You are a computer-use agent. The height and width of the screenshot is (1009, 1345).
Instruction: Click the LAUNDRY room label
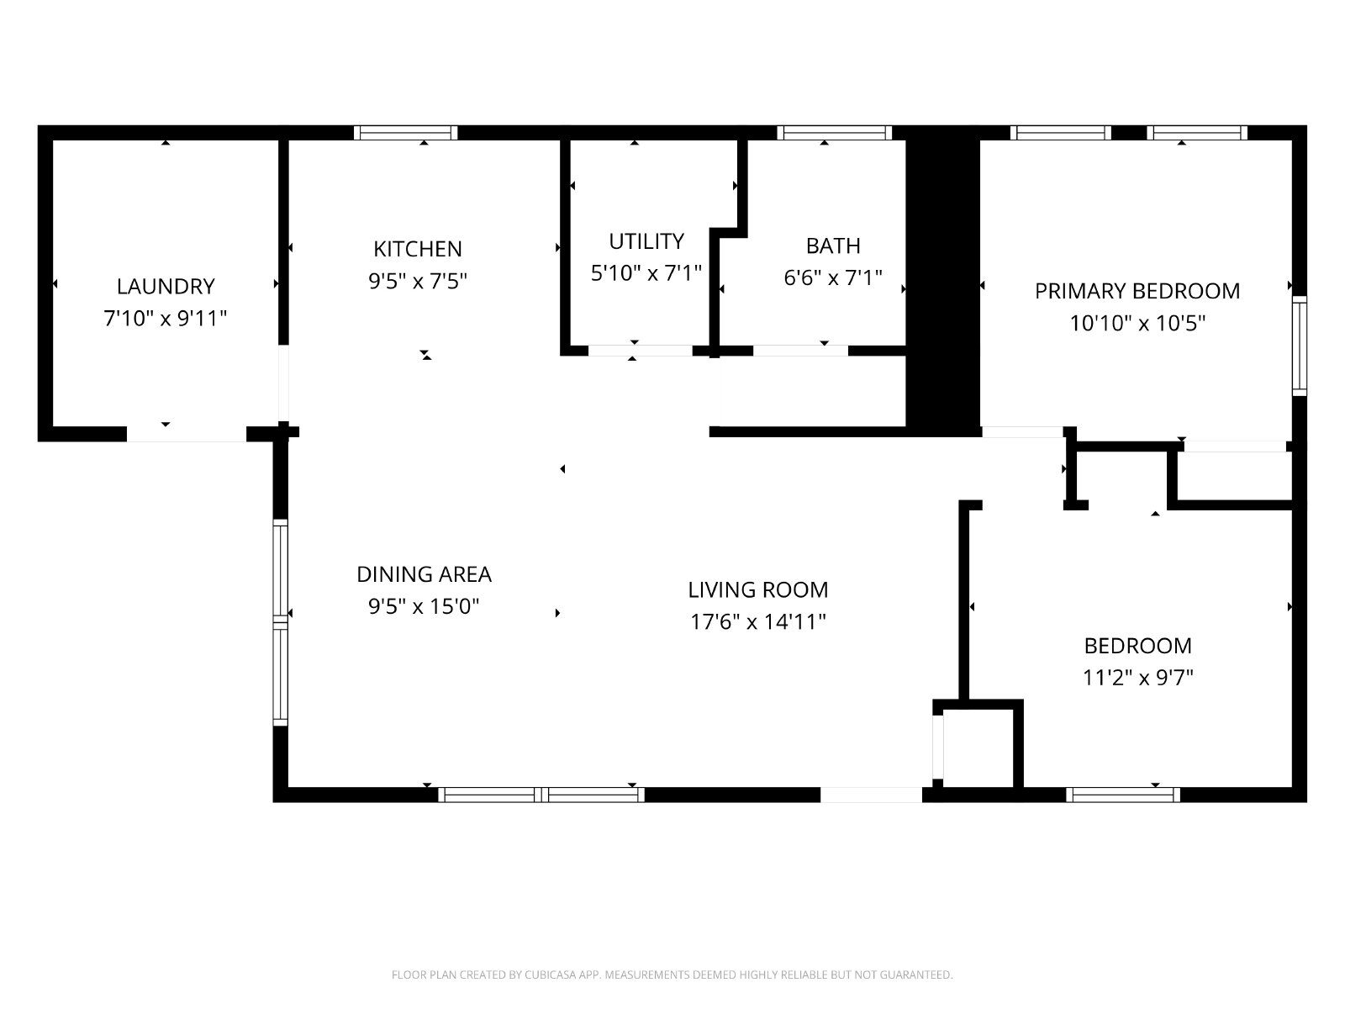[166, 286]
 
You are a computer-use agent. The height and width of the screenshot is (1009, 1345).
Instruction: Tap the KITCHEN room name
[417, 249]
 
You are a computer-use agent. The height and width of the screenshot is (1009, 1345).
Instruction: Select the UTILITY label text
[646, 241]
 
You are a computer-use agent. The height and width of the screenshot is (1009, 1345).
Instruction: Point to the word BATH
[833, 246]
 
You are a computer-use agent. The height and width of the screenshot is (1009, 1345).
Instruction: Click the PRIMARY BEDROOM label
[1137, 291]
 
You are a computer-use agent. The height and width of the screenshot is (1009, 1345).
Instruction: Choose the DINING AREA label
[424, 574]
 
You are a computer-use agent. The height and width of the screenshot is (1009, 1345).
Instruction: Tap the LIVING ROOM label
[758, 590]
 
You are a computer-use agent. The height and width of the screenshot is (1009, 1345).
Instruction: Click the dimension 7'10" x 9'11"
[166, 319]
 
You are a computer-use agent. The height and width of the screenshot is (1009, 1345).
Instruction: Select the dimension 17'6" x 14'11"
[758, 622]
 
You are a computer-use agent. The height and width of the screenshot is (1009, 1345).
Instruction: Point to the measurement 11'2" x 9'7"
[1138, 678]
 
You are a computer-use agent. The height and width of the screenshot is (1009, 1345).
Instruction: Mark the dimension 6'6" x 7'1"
[833, 277]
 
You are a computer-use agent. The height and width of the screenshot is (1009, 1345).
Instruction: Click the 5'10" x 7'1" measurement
[646, 273]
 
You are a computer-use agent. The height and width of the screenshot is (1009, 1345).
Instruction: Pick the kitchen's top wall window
[406, 133]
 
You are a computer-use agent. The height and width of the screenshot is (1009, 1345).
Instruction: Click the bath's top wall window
[835, 133]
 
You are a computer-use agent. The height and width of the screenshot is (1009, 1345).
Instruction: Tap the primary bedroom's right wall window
[1300, 346]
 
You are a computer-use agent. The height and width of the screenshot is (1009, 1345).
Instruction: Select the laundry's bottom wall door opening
[187, 433]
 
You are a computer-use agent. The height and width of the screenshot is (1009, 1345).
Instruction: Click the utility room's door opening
[641, 351]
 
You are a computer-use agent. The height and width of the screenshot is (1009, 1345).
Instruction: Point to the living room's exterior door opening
[872, 795]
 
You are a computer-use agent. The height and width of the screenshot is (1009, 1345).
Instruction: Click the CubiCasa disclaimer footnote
[672, 975]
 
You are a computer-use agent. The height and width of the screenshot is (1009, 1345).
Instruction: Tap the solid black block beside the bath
[943, 282]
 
